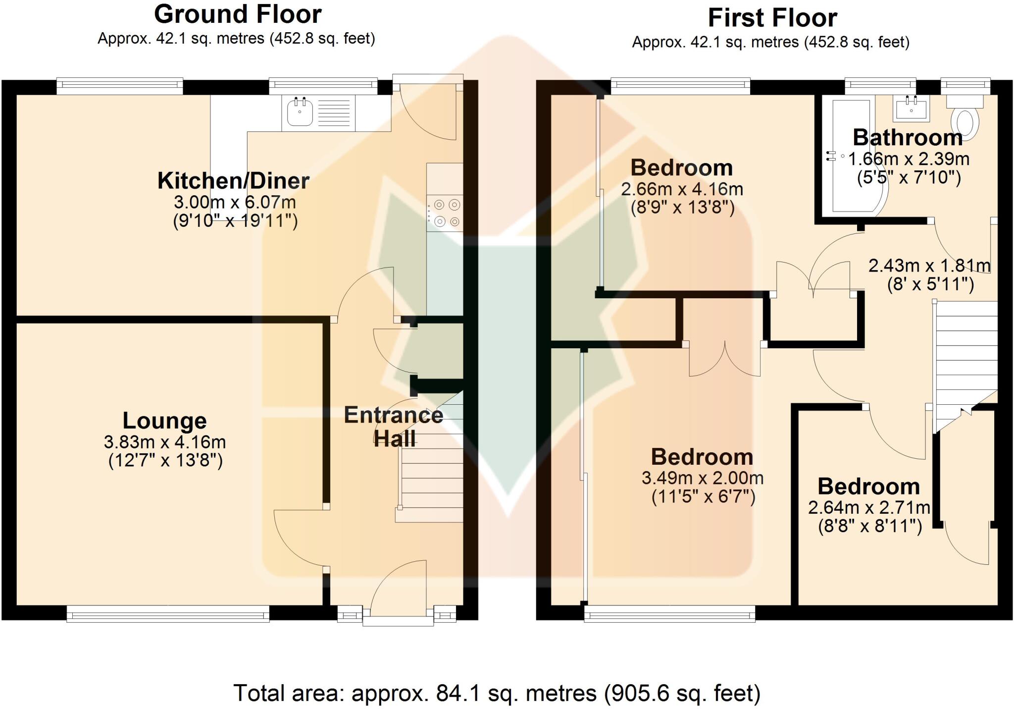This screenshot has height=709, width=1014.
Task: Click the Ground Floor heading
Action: (238, 14)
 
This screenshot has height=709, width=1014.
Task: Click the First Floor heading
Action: (772, 18)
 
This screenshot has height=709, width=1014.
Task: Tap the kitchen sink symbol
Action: (300, 112)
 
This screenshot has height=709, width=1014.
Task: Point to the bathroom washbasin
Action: (911, 108)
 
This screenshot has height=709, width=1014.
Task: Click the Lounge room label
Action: (164, 421)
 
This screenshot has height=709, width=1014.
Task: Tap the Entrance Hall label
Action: (394, 427)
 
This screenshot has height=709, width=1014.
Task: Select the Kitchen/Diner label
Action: (233, 180)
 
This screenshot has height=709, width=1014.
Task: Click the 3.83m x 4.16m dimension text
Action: (165, 441)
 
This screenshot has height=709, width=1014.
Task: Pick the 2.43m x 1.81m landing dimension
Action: (929, 266)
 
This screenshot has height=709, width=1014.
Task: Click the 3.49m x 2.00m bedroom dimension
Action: (702, 478)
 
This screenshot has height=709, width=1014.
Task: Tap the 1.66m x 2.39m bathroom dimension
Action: (909, 159)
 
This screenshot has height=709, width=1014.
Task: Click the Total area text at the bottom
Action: (497, 693)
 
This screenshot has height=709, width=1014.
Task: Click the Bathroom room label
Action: (907, 137)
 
